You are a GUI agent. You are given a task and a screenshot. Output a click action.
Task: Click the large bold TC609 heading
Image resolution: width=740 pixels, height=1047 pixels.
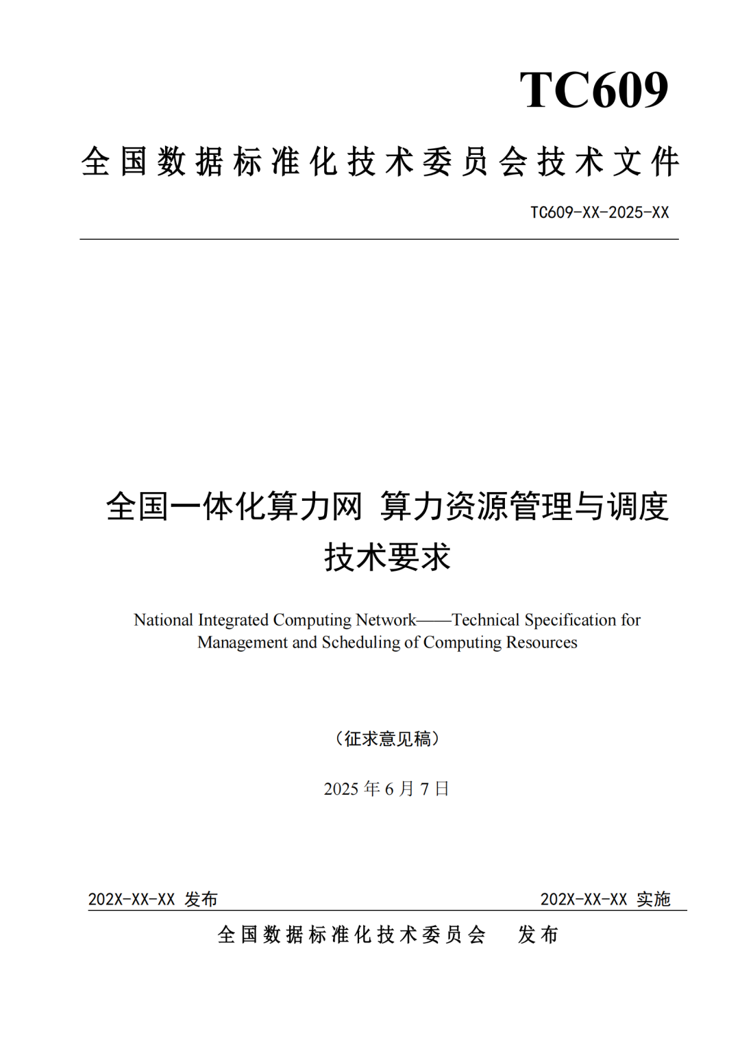click(593, 90)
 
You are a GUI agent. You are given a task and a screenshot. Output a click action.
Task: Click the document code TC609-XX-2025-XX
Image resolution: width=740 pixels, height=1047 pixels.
click(599, 212)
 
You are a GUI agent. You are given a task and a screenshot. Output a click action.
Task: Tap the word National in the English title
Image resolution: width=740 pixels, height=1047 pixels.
click(163, 620)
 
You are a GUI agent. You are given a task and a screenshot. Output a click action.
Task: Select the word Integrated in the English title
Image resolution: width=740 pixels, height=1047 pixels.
click(233, 620)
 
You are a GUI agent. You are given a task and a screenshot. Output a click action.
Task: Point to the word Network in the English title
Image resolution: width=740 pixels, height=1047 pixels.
click(386, 620)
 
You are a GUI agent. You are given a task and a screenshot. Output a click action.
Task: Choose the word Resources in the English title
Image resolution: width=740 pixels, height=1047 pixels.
click(541, 643)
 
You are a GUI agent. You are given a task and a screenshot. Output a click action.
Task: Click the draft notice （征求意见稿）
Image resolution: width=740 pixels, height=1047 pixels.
click(387, 739)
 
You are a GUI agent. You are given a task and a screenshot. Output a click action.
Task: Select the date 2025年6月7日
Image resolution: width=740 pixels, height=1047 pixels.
click(386, 789)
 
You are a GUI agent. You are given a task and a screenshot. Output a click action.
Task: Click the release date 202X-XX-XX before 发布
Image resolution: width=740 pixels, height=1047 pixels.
click(132, 899)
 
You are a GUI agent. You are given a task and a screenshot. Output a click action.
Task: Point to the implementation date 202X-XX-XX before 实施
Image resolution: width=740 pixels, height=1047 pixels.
click(584, 899)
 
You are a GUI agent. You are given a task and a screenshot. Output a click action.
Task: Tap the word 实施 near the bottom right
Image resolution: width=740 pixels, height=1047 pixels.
click(653, 899)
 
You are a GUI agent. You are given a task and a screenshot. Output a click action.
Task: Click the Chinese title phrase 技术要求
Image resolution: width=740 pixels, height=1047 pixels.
click(387, 556)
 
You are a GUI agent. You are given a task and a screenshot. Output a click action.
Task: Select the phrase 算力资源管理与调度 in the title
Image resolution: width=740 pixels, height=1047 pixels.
click(524, 506)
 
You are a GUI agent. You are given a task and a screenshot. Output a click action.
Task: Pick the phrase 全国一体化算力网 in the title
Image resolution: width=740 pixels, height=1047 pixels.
click(234, 506)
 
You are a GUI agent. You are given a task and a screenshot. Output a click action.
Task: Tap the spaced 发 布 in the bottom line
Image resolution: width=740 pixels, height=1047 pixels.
click(539, 935)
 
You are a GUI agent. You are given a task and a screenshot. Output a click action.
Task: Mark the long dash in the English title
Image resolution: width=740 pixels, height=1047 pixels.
click(434, 621)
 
